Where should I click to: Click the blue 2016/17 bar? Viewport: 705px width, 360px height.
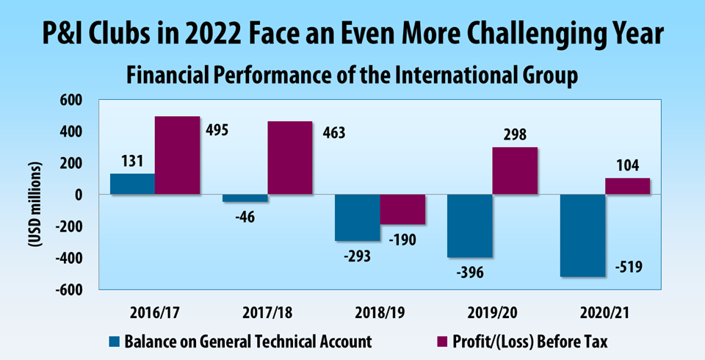(132, 184)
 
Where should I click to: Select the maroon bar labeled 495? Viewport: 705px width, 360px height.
(177, 156)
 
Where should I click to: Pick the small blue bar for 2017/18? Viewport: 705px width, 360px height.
(245, 198)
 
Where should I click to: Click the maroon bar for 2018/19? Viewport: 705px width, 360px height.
(402, 209)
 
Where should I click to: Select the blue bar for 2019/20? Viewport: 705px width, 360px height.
(469, 226)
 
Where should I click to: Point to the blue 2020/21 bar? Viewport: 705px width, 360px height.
(582, 236)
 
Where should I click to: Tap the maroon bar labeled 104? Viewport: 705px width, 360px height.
(627, 187)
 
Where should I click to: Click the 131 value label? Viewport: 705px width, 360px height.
(132, 159)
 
